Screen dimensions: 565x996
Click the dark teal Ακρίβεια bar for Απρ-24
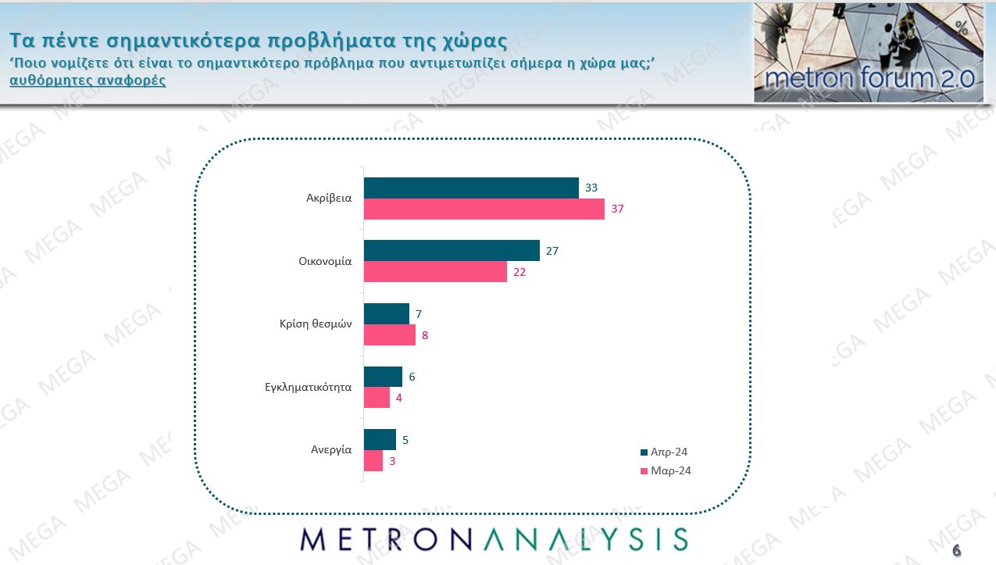tap(471, 188)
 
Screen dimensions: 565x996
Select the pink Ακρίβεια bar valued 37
tap(484, 209)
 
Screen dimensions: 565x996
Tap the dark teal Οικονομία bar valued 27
tap(452, 251)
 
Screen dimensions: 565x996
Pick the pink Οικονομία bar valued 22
tap(435, 272)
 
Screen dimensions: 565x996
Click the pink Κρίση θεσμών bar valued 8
tap(390, 335)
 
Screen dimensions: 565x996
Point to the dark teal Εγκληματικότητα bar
tap(383, 377)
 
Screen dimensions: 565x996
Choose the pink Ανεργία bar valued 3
tap(373, 461)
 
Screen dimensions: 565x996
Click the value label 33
tap(591, 188)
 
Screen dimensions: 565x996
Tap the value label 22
tap(520, 273)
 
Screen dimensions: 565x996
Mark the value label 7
tap(419, 314)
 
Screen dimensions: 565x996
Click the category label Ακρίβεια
tap(329, 198)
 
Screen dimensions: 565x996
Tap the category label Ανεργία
tap(330, 450)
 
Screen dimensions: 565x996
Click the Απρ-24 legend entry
tap(663, 452)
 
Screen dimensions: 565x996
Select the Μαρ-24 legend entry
tap(665, 470)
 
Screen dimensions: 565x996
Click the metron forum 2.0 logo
tap(868, 52)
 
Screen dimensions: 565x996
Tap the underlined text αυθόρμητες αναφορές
tap(87, 80)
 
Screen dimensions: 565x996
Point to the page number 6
tap(957, 551)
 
